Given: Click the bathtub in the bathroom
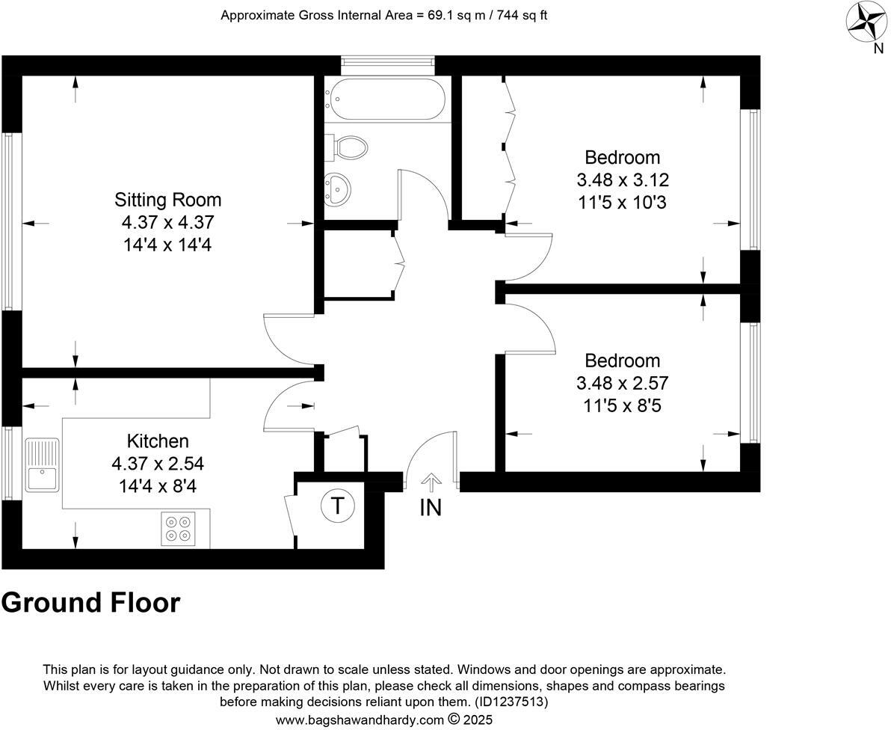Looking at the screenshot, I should [x=386, y=99].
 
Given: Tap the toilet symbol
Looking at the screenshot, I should [x=348, y=147].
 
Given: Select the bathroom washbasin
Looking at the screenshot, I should [x=338, y=188].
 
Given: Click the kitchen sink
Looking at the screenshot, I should [x=42, y=464].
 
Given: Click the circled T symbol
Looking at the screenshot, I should [x=337, y=506].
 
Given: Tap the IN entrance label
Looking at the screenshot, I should [x=431, y=508].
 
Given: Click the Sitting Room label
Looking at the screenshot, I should [x=167, y=200].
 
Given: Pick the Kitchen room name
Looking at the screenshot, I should [x=158, y=441].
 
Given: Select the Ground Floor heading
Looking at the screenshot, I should [x=90, y=602].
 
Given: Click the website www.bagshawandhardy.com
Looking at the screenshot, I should [x=359, y=720].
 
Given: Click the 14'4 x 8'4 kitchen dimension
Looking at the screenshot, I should [x=158, y=486].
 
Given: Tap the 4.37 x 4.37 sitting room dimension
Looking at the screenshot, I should [x=167, y=222].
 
